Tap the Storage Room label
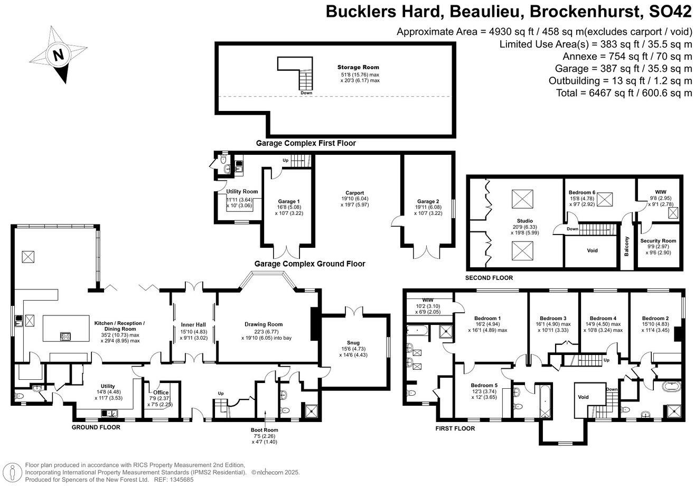(358, 67)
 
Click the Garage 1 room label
(288, 201)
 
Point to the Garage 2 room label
(427, 201)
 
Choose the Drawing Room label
(264, 324)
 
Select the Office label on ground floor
(161, 392)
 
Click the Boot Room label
(265, 430)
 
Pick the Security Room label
(658, 241)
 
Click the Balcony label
(627, 246)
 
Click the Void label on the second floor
(592, 250)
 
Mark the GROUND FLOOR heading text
(96, 427)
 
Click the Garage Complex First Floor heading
(306, 143)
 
